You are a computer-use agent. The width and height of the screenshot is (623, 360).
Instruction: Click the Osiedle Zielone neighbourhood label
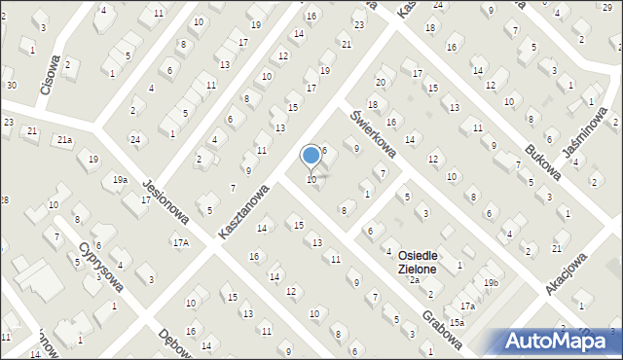point(417,262)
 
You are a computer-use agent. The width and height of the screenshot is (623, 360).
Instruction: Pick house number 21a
point(63,140)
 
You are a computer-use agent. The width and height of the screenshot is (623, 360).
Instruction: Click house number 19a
point(119,180)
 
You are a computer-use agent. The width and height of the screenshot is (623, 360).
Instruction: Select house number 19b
point(491,283)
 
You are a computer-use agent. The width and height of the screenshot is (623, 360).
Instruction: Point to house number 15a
point(457,322)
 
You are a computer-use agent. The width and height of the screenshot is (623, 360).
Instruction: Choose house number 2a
point(414,280)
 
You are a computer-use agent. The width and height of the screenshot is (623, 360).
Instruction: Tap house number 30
point(11,86)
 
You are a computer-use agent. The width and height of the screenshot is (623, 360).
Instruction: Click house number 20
point(381,82)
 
